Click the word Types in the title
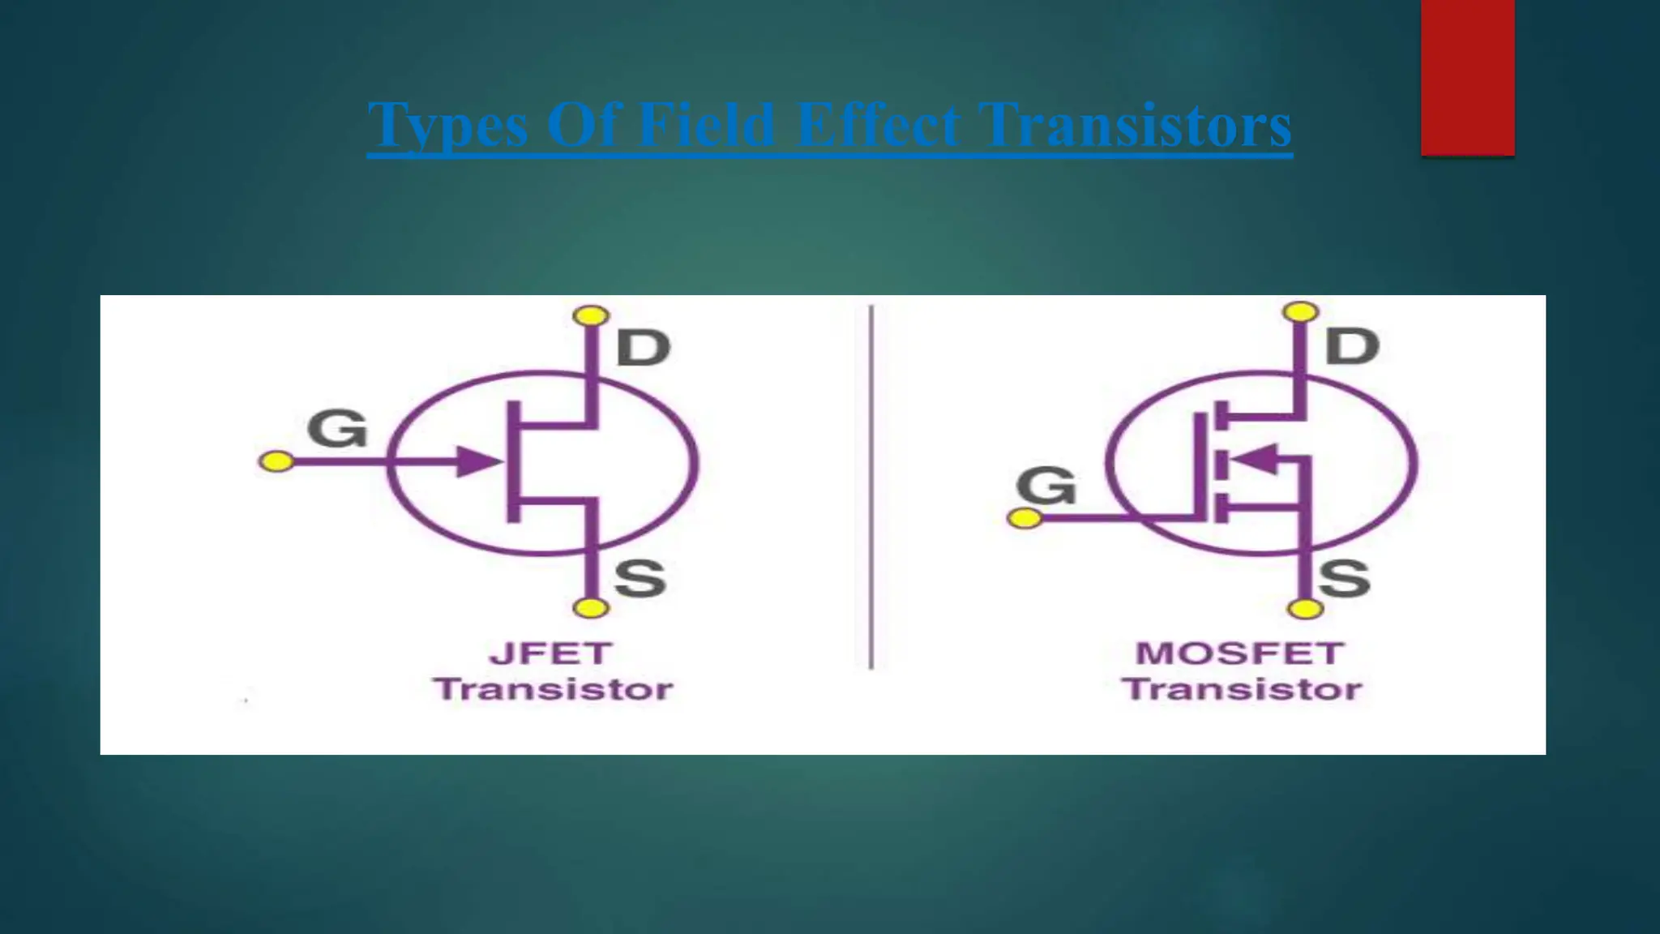tap(447, 126)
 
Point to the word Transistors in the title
tap(1135, 126)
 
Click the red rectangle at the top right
tap(1467, 77)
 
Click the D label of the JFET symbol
tap(644, 348)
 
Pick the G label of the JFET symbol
tap(337, 428)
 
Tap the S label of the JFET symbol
tap(640, 578)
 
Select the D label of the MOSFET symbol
tap(1352, 346)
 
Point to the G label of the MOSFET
tap(1046, 486)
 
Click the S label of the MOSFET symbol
tap(1344, 578)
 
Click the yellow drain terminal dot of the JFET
tap(591, 315)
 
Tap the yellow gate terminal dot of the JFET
tap(276, 461)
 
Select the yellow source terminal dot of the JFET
tap(590, 607)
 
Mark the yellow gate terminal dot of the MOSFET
tap(1025, 517)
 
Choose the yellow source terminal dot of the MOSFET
tap(1304, 608)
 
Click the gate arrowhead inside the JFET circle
tap(478, 461)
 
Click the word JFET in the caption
tap(550, 653)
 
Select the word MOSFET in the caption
tap(1240, 653)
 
